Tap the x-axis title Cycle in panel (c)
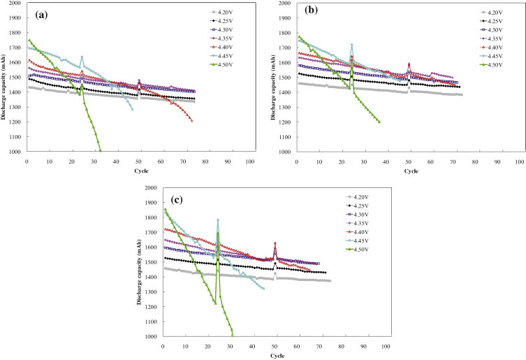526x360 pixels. point(277,355)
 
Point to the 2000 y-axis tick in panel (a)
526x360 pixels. point(15,3)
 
